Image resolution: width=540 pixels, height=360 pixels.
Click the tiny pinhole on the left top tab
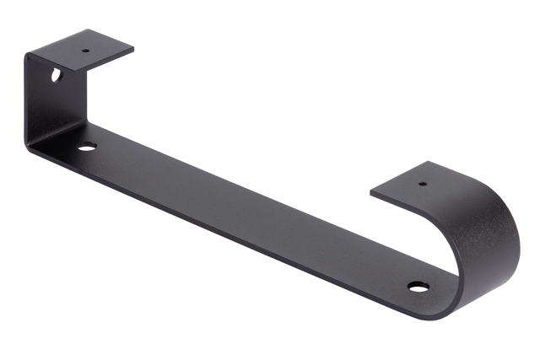point(85,49)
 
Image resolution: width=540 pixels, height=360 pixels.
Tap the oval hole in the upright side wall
point(56,75)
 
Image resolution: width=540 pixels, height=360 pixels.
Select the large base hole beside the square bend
point(87,147)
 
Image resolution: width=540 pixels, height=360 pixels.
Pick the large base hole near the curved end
point(418,287)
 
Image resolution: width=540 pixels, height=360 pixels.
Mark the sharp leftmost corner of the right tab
point(371,196)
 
